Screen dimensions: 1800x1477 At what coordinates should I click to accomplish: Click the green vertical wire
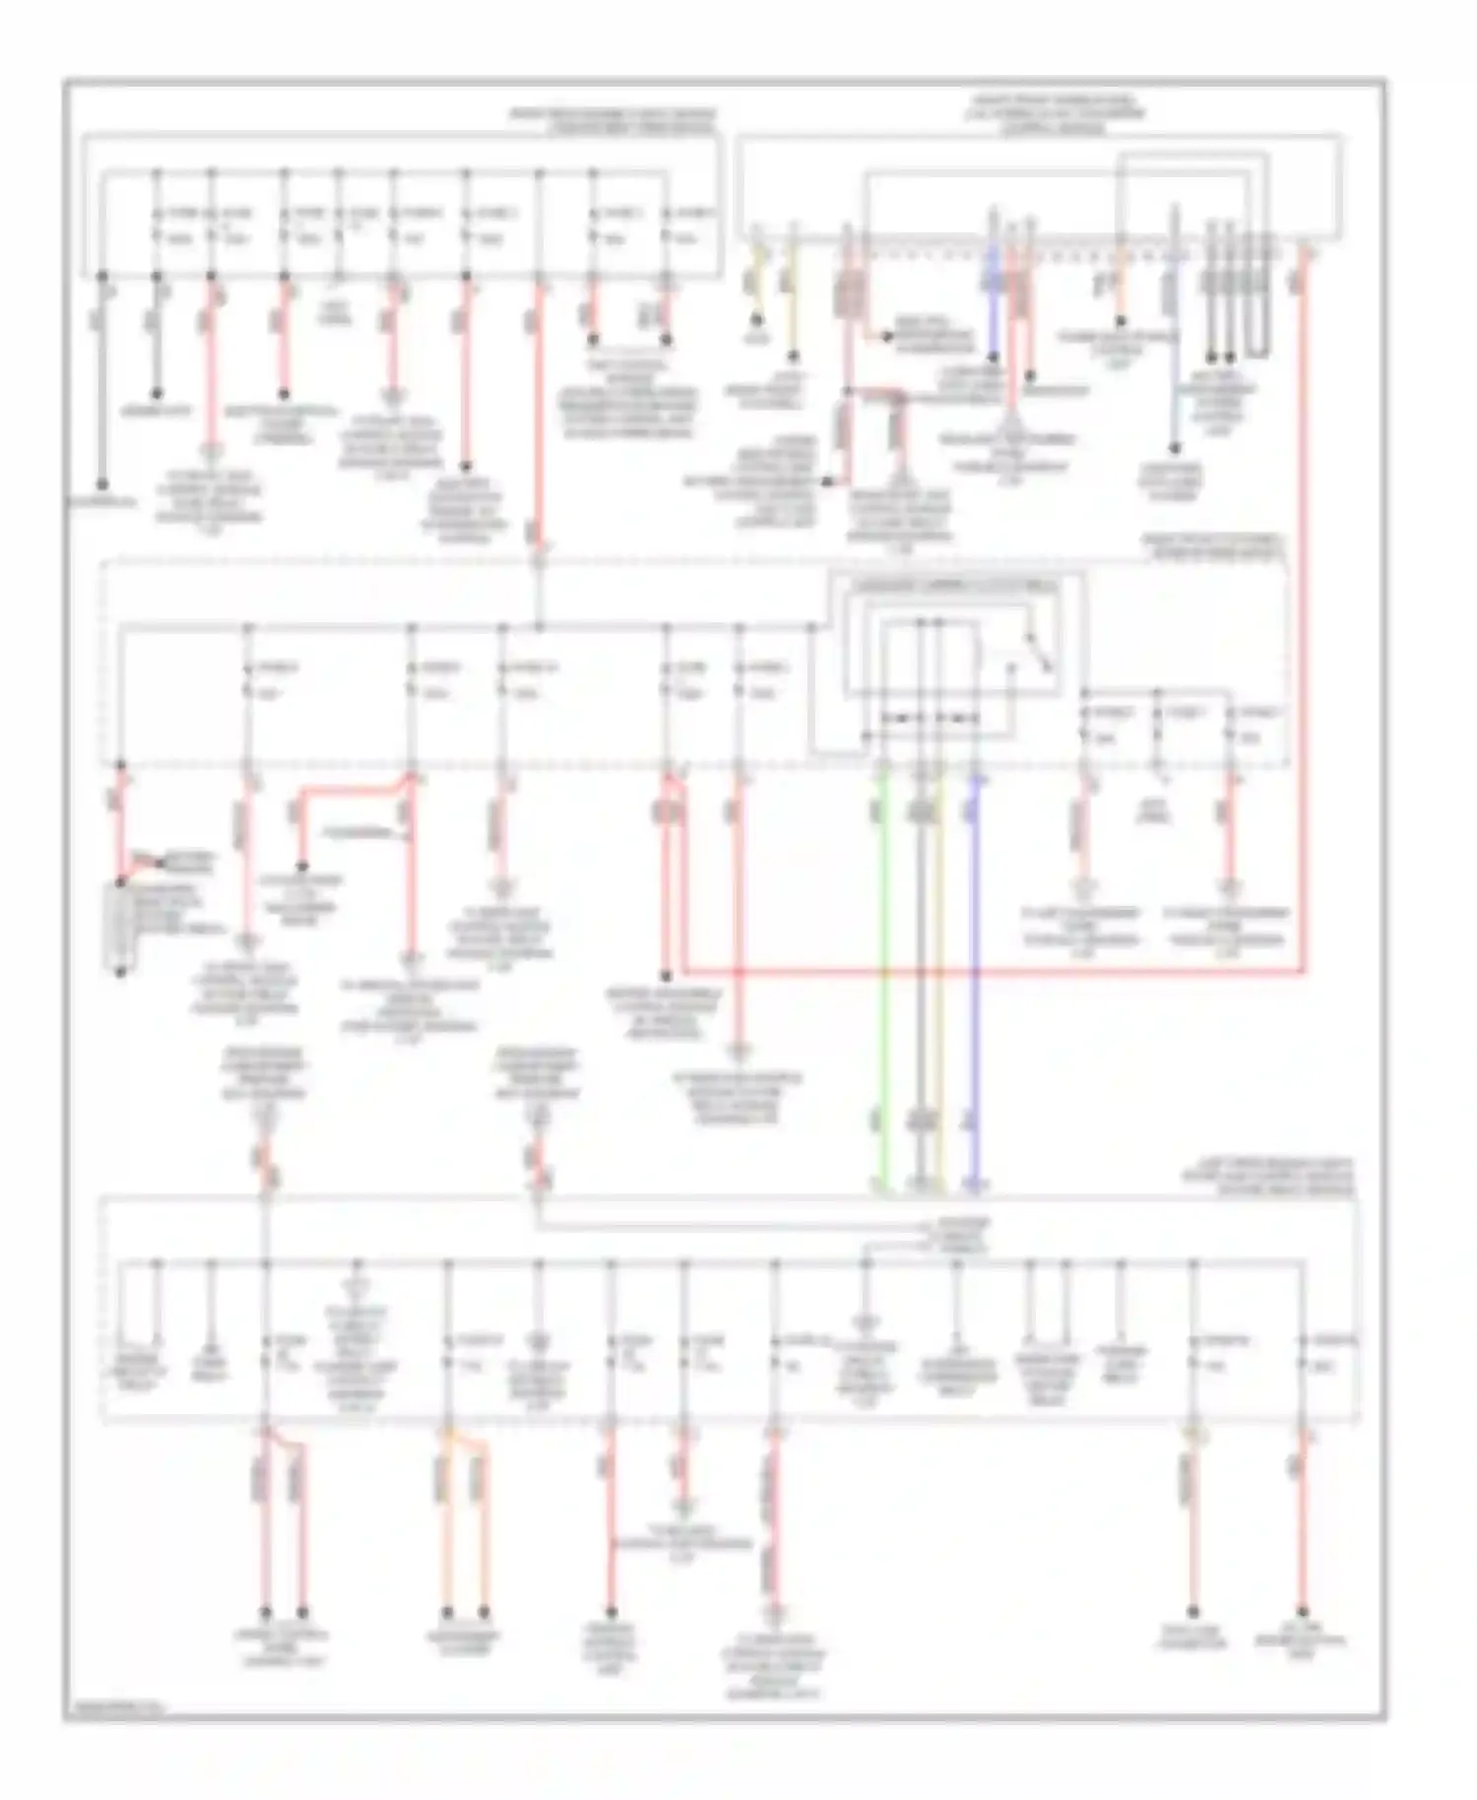coord(883,985)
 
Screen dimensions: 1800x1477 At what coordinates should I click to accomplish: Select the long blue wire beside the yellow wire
coord(976,985)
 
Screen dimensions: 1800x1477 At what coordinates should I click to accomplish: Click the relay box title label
coord(953,586)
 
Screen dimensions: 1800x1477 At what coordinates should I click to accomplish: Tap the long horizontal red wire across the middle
coord(985,972)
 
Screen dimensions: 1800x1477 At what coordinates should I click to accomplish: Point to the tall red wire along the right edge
coord(1305,611)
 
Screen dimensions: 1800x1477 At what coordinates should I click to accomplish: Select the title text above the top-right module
coord(1054,114)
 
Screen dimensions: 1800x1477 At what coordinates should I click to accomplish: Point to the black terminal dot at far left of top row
coord(101,484)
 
